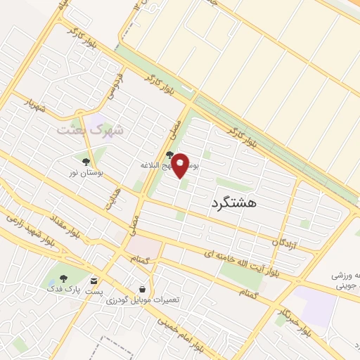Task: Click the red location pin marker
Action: click(x=180, y=165)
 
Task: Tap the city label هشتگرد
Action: click(x=233, y=202)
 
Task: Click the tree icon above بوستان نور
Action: click(x=86, y=161)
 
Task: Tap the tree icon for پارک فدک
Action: click(x=64, y=278)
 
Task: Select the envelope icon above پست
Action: click(x=94, y=280)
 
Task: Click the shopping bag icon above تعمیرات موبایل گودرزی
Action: click(x=143, y=289)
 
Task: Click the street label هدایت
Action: click(x=112, y=200)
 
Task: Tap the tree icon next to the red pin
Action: click(x=169, y=155)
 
